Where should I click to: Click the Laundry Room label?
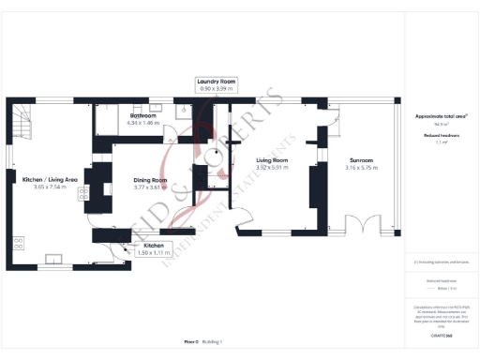(x=215, y=82)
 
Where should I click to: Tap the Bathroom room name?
(x=143, y=115)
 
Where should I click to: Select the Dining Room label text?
(x=150, y=179)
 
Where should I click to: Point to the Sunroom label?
(x=361, y=160)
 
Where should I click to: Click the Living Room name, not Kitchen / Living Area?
(x=272, y=160)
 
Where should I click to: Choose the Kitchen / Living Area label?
(x=50, y=179)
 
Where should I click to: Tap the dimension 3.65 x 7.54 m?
(x=50, y=187)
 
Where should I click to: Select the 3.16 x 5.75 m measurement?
(x=361, y=168)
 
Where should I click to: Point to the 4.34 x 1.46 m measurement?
(x=143, y=123)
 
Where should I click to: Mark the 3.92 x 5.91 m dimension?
(x=272, y=168)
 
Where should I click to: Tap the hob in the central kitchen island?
(x=83, y=194)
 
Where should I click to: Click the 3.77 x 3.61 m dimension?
(x=150, y=187)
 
